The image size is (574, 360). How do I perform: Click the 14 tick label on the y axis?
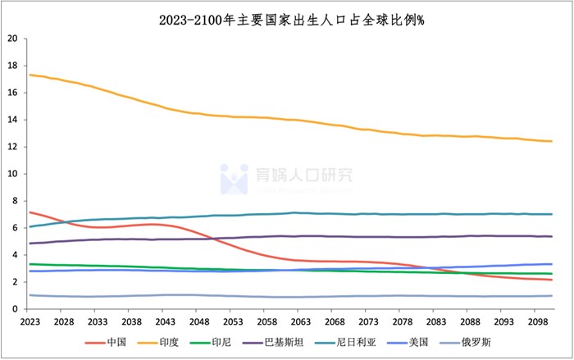[11, 120]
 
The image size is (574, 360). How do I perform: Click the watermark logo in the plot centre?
[235, 178]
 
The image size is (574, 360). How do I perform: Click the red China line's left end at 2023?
[30, 212]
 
